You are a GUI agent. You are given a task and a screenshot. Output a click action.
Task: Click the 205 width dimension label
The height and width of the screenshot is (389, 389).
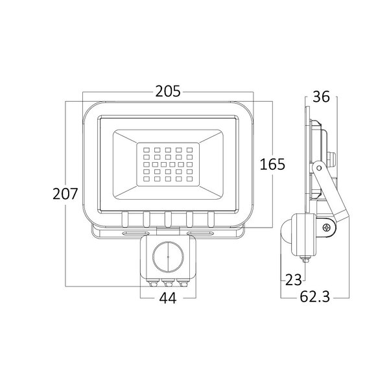(x=168, y=91)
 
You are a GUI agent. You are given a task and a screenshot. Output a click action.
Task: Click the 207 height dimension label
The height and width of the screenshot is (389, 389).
(x=65, y=194)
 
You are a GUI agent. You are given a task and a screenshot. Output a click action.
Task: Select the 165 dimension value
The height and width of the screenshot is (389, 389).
(x=272, y=164)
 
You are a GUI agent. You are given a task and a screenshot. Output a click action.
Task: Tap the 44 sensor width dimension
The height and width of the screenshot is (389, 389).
(x=168, y=298)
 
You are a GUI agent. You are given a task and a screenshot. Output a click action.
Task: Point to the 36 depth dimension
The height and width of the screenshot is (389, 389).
(x=321, y=97)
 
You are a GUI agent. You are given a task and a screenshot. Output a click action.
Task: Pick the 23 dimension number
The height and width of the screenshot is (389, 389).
(x=294, y=280)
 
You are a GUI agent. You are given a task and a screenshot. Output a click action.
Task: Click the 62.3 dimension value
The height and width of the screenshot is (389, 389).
(x=315, y=296)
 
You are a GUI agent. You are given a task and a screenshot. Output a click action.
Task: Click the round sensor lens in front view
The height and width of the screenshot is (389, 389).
(x=168, y=257)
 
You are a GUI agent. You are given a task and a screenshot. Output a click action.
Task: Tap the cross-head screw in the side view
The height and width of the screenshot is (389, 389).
(x=327, y=228)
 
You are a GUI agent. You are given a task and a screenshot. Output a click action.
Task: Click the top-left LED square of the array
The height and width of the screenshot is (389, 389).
(x=147, y=150)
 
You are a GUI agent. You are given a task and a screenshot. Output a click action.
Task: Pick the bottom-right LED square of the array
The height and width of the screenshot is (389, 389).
(x=190, y=179)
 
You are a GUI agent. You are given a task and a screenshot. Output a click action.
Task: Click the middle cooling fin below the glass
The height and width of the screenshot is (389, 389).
(x=168, y=219)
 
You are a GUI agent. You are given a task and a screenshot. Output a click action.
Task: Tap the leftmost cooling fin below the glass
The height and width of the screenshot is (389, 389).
(x=124, y=219)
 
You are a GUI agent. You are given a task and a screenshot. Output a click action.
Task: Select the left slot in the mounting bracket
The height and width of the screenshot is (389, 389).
(x=136, y=233)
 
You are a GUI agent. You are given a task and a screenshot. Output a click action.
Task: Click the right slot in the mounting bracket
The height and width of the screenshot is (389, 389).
(x=200, y=233)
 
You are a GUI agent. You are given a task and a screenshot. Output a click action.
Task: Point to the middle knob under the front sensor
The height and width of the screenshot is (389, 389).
(x=168, y=283)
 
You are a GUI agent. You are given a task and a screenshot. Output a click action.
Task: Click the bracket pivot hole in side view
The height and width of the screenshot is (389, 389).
(x=319, y=168)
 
